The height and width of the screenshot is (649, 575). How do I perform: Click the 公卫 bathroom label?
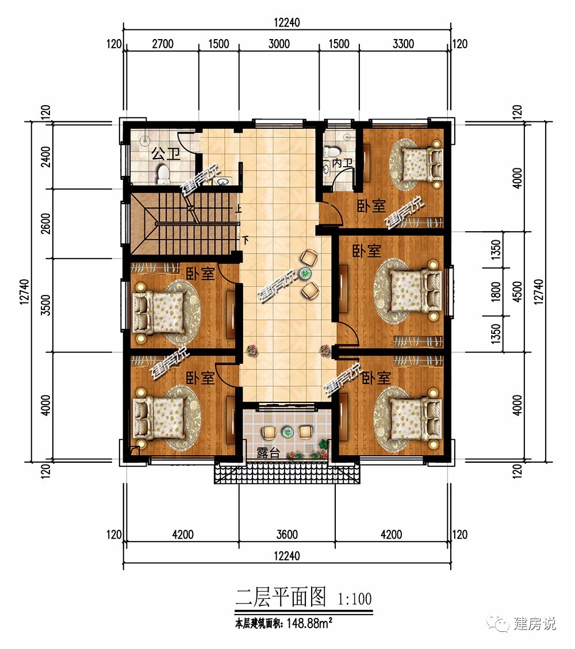click(x=166, y=154)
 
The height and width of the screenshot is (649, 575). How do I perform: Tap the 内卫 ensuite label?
click(x=342, y=163)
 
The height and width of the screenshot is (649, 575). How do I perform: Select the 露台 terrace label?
click(x=269, y=452)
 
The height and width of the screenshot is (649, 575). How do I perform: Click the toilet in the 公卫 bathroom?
click(x=163, y=175)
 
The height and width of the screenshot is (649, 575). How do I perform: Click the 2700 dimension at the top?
click(x=162, y=44)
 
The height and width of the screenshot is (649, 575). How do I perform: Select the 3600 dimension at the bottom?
click(x=287, y=535)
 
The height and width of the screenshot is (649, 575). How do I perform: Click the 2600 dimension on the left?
click(x=46, y=224)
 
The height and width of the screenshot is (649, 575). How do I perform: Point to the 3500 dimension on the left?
click(x=46, y=305)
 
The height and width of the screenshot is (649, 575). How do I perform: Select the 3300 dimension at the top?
click(x=403, y=44)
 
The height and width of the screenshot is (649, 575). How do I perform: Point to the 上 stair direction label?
click(x=239, y=209)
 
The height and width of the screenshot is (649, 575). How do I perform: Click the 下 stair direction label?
click(x=246, y=240)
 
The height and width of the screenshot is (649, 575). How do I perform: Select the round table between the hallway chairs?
click(x=306, y=274)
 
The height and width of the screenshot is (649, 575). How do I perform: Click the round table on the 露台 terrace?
click(x=287, y=432)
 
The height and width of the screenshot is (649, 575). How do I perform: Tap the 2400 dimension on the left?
click(x=46, y=156)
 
